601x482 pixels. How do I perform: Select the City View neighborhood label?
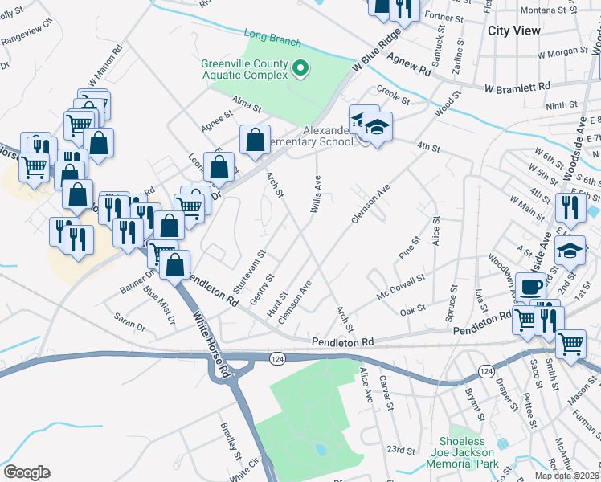pos(514,30)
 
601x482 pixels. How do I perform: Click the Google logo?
pos(27,472)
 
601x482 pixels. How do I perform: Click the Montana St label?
pos(544,10)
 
